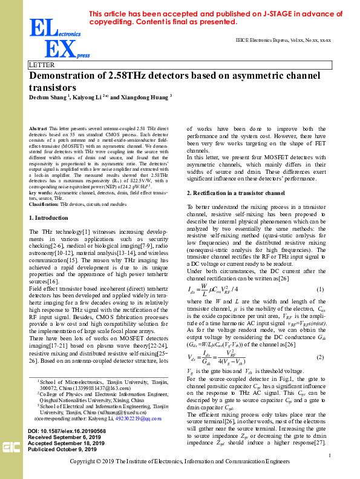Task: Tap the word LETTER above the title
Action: (x=42, y=65)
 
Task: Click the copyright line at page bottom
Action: (x=180, y=462)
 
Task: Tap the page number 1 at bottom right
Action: (x=329, y=455)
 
